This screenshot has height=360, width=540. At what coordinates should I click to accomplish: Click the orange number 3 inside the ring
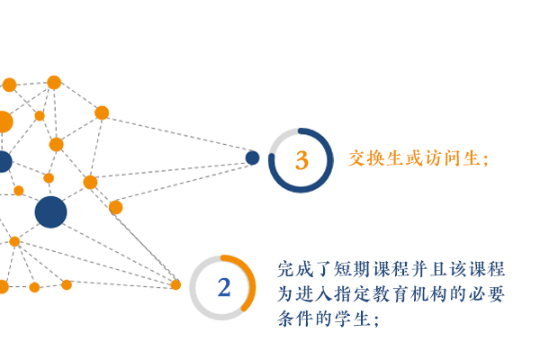pyautogui.click(x=301, y=160)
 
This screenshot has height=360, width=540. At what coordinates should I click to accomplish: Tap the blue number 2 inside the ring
pyautogui.click(x=224, y=288)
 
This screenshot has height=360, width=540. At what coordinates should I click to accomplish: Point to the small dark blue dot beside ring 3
pyautogui.click(x=252, y=157)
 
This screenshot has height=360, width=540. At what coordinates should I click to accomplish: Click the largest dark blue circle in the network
pyautogui.click(x=50, y=211)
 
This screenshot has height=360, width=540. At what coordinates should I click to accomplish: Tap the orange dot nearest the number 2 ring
pyautogui.click(x=175, y=285)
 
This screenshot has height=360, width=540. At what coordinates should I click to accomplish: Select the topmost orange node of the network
pyautogui.click(x=54, y=83)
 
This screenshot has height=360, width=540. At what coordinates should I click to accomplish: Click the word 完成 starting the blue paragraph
pyautogui.click(x=295, y=269)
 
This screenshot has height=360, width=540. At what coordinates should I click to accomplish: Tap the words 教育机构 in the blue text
pyautogui.click(x=409, y=294)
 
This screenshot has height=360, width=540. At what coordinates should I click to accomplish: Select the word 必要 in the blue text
pyautogui.click(x=487, y=294)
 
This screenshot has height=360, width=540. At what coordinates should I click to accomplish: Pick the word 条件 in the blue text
pyautogui.click(x=295, y=319)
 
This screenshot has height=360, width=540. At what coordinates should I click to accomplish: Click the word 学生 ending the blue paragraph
pyautogui.click(x=352, y=319)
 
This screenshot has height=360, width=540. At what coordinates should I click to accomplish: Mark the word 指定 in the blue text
pyautogui.click(x=352, y=294)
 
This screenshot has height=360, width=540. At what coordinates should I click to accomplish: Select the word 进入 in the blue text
pyautogui.click(x=314, y=294)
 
